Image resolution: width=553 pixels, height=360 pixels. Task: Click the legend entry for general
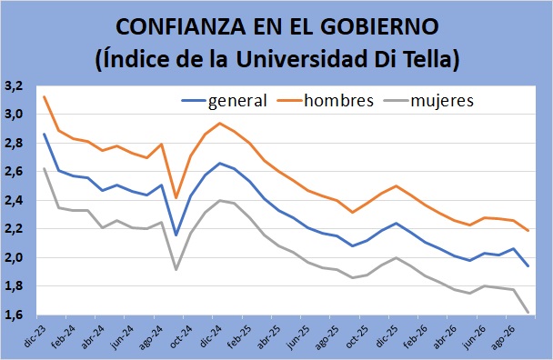click(x=225, y=101)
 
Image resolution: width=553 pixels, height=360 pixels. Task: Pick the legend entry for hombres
click(x=326, y=101)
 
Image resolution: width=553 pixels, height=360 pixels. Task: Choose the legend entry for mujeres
click(x=428, y=101)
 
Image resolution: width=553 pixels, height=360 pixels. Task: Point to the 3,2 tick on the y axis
click(x=14, y=86)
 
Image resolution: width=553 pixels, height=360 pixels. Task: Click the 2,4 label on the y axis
click(x=14, y=201)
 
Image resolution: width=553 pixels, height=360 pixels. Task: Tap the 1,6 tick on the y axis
click(x=14, y=315)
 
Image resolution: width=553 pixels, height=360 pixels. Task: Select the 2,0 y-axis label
click(x=14, y=258)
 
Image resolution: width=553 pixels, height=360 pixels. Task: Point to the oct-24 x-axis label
click(x=181, y=336)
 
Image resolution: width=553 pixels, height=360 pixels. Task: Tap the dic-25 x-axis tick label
click(x=387, y=336)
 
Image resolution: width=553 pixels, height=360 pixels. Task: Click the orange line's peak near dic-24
click(x=220, y=123)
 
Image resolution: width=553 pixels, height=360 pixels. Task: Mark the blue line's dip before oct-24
click(x=176, y=235)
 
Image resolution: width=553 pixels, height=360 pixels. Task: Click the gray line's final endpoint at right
click(x=528, y=312)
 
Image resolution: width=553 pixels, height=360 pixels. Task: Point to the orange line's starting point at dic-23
click(x=44, y=96)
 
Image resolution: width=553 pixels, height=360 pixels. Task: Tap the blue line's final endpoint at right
click(x=528, y=265)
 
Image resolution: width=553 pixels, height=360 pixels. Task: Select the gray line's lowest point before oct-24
click(x=176, y=270)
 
